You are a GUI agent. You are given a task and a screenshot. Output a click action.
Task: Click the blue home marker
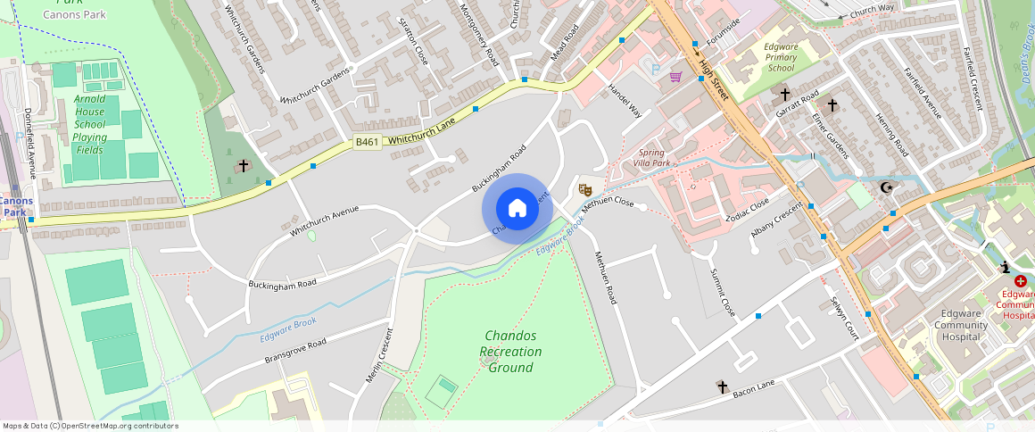point(517,209)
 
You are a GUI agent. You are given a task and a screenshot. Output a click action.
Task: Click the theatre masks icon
point(584,189)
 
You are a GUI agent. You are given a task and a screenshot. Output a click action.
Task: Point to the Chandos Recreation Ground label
point(509,351)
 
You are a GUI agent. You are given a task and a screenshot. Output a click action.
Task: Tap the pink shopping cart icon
point(676,77)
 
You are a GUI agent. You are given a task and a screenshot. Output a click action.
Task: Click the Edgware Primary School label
point(781,57)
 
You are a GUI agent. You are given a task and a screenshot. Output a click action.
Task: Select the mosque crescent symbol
point(886,187)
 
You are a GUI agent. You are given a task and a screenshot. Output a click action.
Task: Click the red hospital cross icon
point(1021,280)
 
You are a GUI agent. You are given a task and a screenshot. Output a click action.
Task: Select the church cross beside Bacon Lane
point(722,386)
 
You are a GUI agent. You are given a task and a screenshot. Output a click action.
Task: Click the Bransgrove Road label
point(295,350)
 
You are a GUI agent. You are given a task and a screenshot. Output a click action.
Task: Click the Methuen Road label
point(606,278)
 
